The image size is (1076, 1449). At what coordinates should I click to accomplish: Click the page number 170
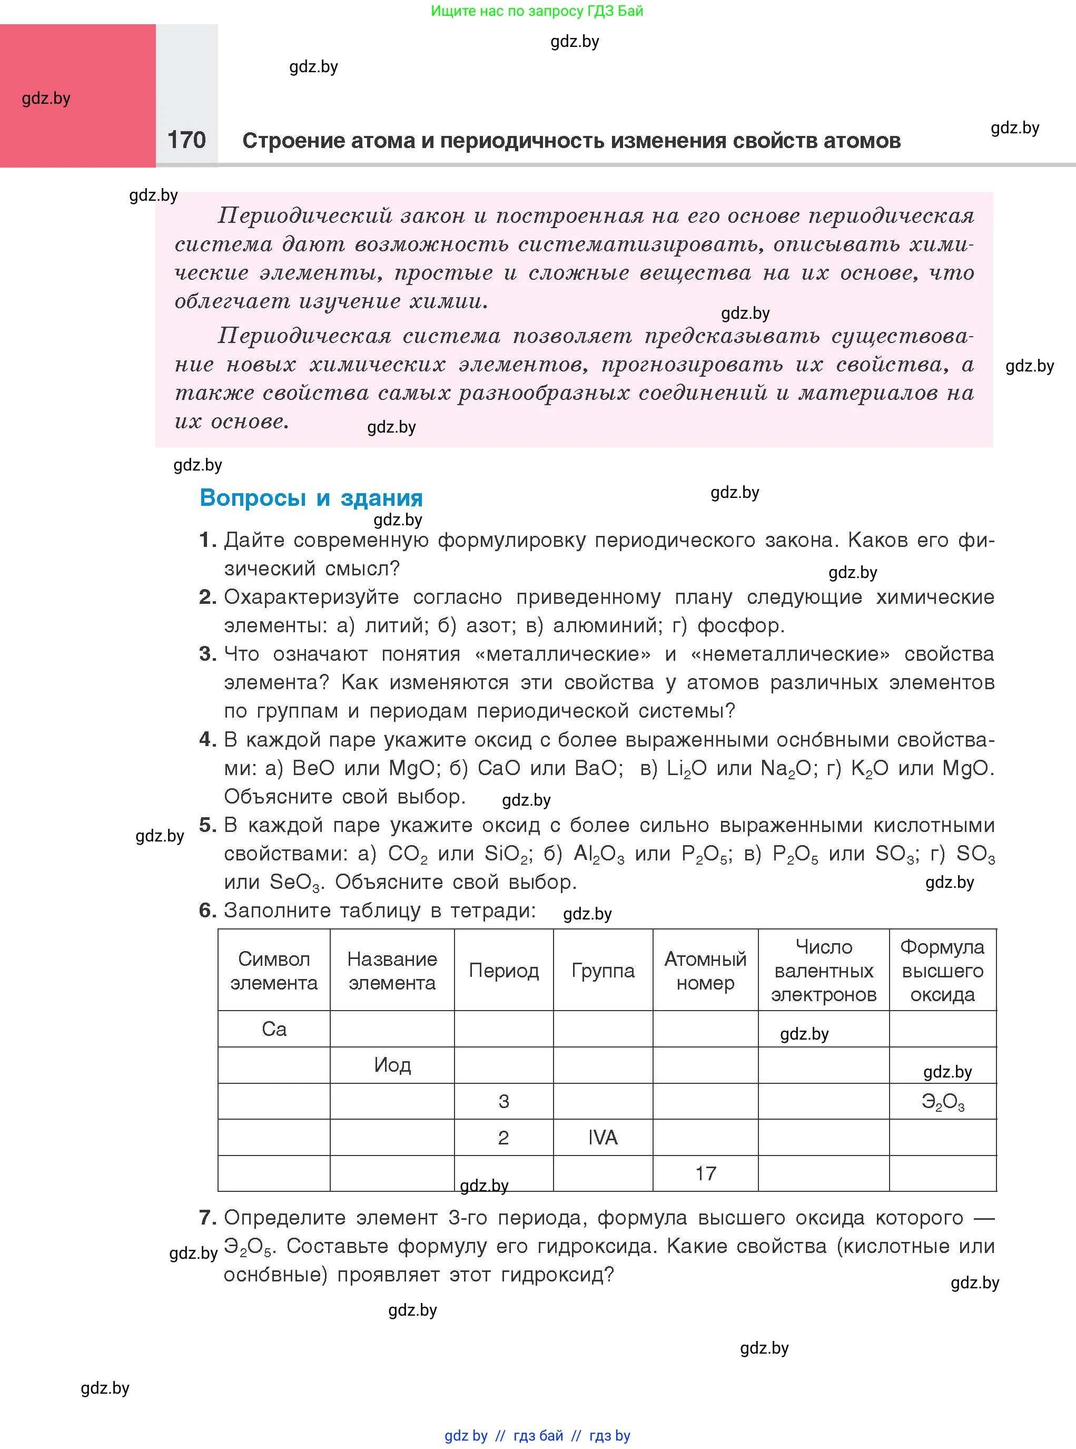[x=186, y=140]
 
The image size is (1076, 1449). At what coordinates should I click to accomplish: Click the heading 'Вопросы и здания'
[x=311, y=498]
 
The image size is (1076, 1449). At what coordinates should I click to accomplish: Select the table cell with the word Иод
[x=392, y=1065]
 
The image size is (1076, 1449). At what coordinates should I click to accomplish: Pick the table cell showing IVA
[x=603, y=1138]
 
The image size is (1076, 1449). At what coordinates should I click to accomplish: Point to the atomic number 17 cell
[x=705, y=1173]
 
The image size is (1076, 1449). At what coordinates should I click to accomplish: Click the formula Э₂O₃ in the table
[x=942, y=1102]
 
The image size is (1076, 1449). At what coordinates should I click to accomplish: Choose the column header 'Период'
[x=504, y=971]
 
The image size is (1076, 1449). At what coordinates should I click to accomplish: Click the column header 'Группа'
[x=603, y=971]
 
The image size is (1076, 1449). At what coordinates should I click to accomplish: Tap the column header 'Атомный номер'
[x=705, y=971]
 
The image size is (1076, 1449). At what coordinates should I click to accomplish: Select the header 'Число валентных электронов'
[x=823, y=971]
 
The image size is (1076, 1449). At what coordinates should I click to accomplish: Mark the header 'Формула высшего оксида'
[x=942, y=971]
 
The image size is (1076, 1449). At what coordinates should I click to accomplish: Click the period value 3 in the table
[x=504, y=1102]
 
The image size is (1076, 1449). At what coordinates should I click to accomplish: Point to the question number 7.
[x=207, y=1217]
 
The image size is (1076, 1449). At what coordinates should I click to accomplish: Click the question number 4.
[x=207, y=739]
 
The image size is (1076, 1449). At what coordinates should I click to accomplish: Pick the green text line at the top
[x=537, y=11]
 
